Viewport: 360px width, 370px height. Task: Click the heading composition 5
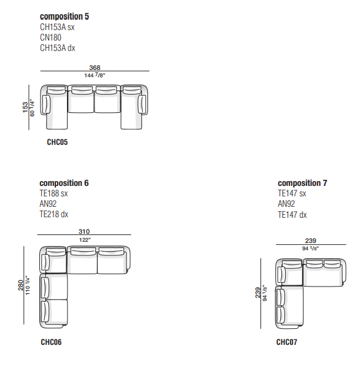[65, 17]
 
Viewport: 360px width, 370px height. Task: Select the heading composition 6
[64, 183]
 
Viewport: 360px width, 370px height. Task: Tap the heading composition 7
[302, 183]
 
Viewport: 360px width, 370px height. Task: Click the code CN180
[50, 37]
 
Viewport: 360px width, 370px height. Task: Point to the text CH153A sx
[57, 27]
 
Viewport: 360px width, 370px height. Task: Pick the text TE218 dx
[54, 214]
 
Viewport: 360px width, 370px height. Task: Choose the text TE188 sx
[53, 193]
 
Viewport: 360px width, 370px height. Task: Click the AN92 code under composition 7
[286, 204]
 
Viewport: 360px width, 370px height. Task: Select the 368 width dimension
[95, 67]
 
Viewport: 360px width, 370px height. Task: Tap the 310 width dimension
[84, 231]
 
